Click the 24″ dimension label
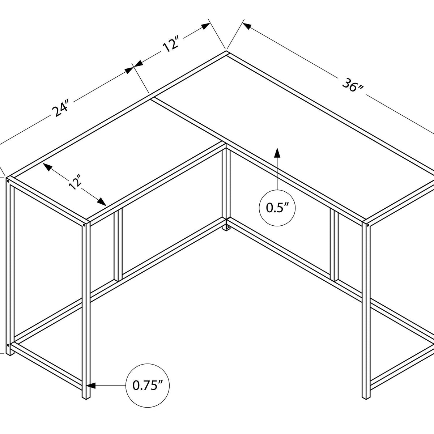[x=60, y=109]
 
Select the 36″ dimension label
[x=353, y=85]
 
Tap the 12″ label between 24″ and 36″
[x=170, y=45]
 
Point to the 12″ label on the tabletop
[x=75, y=182]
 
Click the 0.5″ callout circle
[x=277, y=208]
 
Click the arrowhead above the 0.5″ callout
[x=277, y=153]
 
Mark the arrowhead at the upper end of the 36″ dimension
[x=247, y=26]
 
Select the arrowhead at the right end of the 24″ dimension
[x=129, y=71]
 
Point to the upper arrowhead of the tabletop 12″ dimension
[x=47, y=167]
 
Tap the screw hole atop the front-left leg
[x=85, y=225]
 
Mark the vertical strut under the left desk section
[x=118, y=245]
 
